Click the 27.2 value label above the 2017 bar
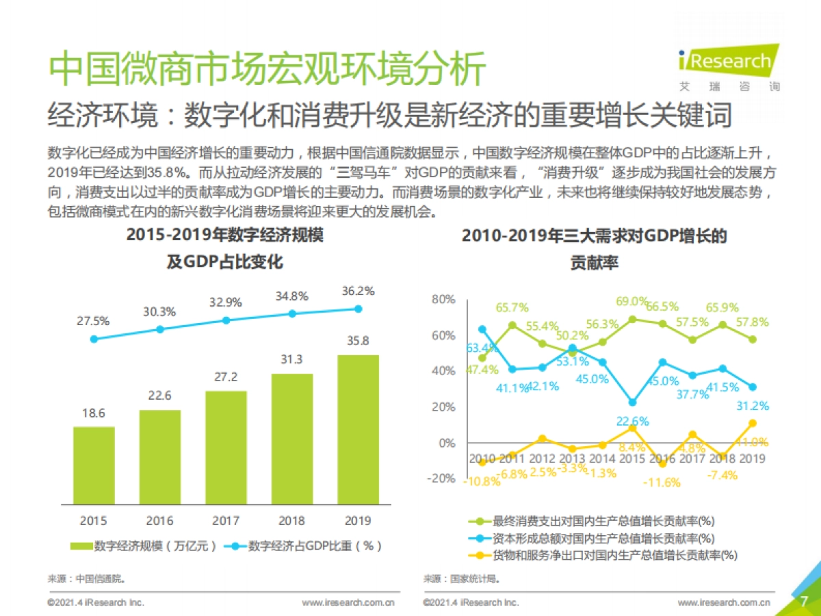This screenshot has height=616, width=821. (x=226, y=377)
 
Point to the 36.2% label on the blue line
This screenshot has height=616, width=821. (x=358, y=292)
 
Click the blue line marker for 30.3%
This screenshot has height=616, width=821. (x=160, y=329)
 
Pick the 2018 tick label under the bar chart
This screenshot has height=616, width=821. (x=292, y=521)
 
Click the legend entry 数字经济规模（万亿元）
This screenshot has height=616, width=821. (x=144, y=546)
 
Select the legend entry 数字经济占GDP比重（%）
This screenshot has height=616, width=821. (x=306, y=546)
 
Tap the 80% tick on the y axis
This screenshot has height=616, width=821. (x=443, y=300)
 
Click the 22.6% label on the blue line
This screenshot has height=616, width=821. (x=632, y=422)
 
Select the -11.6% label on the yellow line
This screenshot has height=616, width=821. (x=662, y=482)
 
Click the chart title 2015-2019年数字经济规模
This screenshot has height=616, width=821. (x=225, y=235)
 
